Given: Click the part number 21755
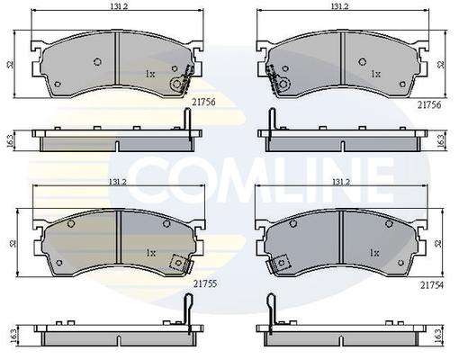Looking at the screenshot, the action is (205, 283).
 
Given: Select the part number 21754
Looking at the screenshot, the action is (432, 285).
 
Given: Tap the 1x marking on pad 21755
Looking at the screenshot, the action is (151, 253).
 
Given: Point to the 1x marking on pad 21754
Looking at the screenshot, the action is (374, 253).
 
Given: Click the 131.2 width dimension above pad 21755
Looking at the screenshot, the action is (118, 182).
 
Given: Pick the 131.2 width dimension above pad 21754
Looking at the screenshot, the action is (341, 182).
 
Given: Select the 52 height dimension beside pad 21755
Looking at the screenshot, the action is (13, 243).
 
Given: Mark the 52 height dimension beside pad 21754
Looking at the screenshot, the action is (439, 243).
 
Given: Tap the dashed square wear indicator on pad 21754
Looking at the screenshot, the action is (279, 264).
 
